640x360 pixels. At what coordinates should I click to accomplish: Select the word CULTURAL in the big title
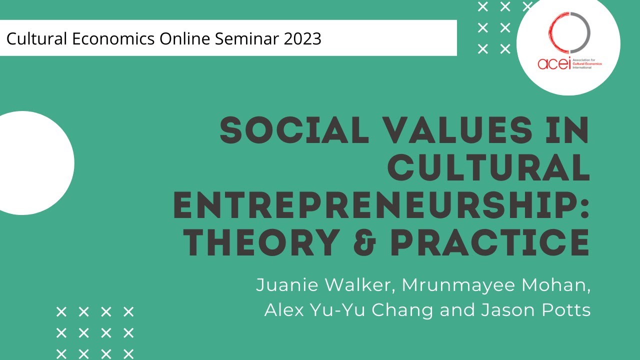488,168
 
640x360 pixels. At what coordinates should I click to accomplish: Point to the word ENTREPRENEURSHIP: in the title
381,206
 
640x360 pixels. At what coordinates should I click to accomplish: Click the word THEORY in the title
259,243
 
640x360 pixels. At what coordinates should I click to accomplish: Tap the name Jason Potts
535,310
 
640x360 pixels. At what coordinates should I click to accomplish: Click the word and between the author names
457,310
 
